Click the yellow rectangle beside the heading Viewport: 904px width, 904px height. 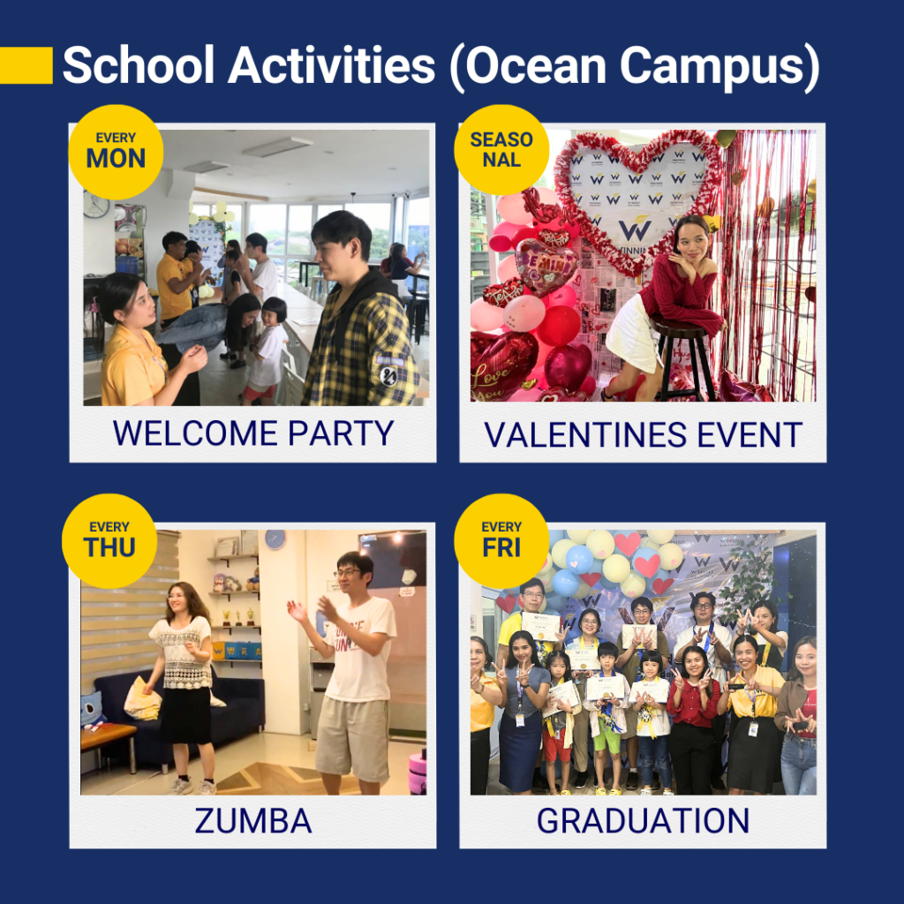[26, 65]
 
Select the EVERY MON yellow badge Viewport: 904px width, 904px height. [116, 152]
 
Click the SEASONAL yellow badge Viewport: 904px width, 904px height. [501, 150]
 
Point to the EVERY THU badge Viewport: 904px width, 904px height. [109, 541]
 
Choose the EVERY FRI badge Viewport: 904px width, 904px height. [501, 541]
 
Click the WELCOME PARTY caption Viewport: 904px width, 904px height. [253, 433]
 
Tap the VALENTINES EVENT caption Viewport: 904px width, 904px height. [643, 434]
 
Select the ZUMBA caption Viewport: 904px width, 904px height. [253, 820]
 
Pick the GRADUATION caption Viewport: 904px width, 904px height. [643, 820]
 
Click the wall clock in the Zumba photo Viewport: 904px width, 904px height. [275, 539]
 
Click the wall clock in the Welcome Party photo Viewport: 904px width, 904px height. [95, 204]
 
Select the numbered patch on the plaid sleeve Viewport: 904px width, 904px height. [389, 374]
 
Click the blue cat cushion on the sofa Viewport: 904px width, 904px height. [92, 708]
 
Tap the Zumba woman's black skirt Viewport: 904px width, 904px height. [185, 715]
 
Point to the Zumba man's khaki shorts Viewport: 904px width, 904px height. [353, 739]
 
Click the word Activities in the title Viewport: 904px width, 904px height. [332, 65]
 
